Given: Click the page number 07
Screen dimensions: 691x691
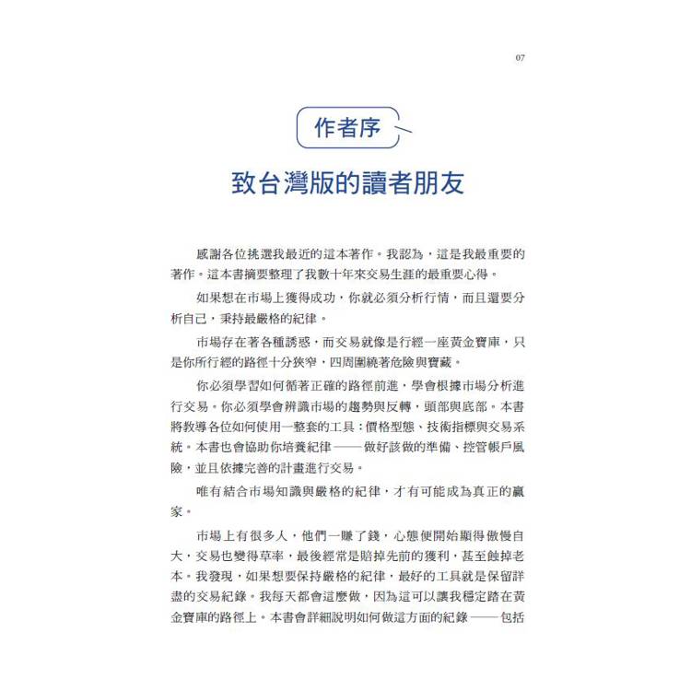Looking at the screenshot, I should click(x=520, y=58).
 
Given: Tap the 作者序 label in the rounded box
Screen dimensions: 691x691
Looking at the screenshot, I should click(x=347, y=128).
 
